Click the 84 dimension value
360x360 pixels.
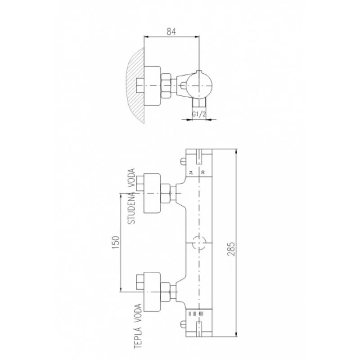(171, 31)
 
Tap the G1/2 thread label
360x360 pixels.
(199, 114)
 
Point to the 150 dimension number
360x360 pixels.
(115, 243)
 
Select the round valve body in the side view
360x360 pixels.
(198, 85)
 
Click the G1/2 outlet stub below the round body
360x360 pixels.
(198, 104)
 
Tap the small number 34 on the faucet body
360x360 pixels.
(191, 172)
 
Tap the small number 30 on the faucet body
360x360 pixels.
(203, 172)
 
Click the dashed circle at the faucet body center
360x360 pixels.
(198, 243)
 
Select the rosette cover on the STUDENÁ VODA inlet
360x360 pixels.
(152, 193)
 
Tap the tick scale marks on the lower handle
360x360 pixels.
(195, 312)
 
